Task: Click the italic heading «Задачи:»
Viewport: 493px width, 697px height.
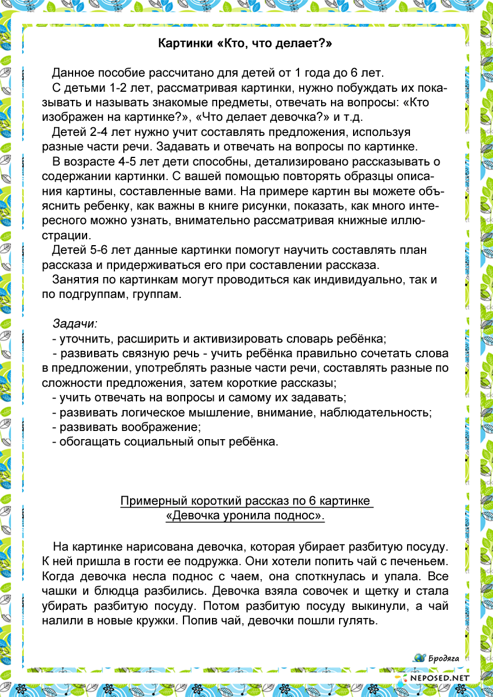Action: pos(75,324)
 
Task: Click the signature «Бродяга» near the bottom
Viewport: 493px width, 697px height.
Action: pos(444,658)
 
